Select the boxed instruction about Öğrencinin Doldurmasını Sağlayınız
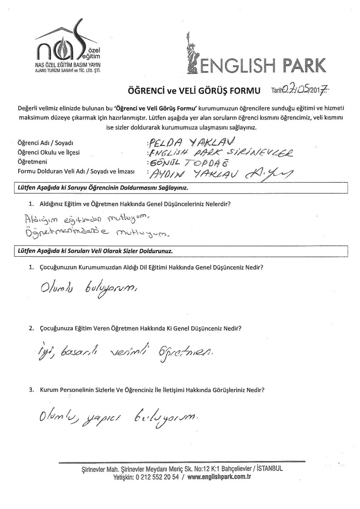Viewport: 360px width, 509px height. point(102,187)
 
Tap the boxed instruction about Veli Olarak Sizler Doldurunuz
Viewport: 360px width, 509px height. point(93,251)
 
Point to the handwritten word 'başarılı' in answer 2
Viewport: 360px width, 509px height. point(76,351)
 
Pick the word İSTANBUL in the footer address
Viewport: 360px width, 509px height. point(267,470)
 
